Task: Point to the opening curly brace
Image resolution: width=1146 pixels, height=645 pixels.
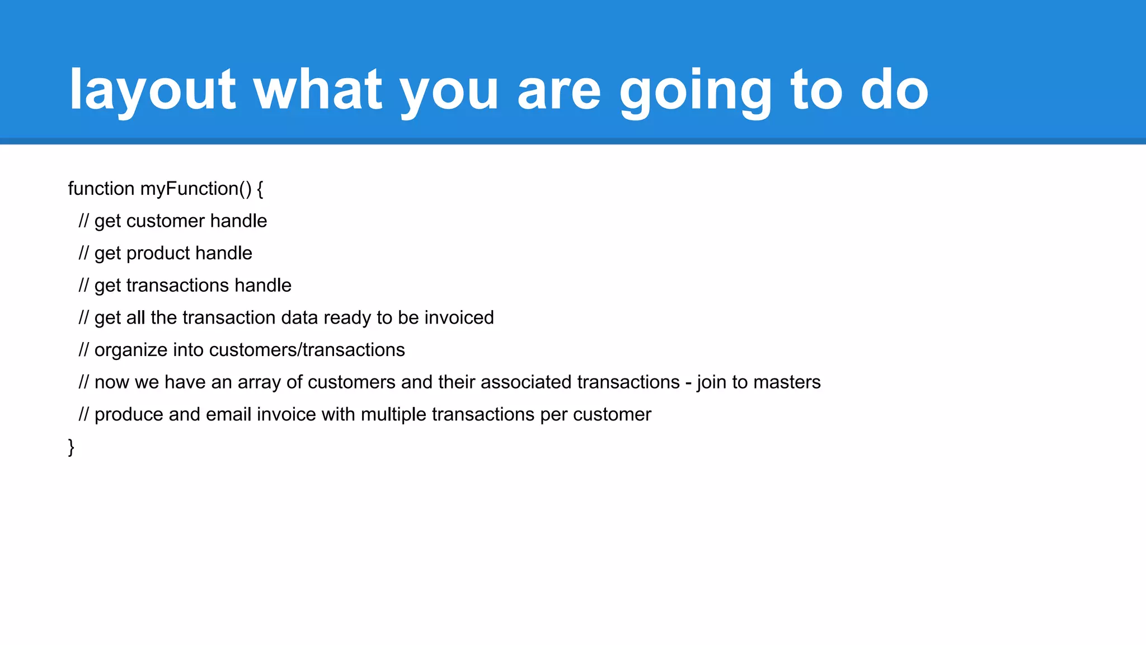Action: [x=260, y=189]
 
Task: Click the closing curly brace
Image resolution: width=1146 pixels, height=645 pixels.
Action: [x=71, y=447]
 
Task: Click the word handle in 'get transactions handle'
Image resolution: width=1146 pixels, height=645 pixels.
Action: [x=262, y=286]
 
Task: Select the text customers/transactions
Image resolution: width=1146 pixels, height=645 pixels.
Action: [x=307, y=350]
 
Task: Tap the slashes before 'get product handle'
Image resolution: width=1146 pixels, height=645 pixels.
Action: [x=83, y=254]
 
